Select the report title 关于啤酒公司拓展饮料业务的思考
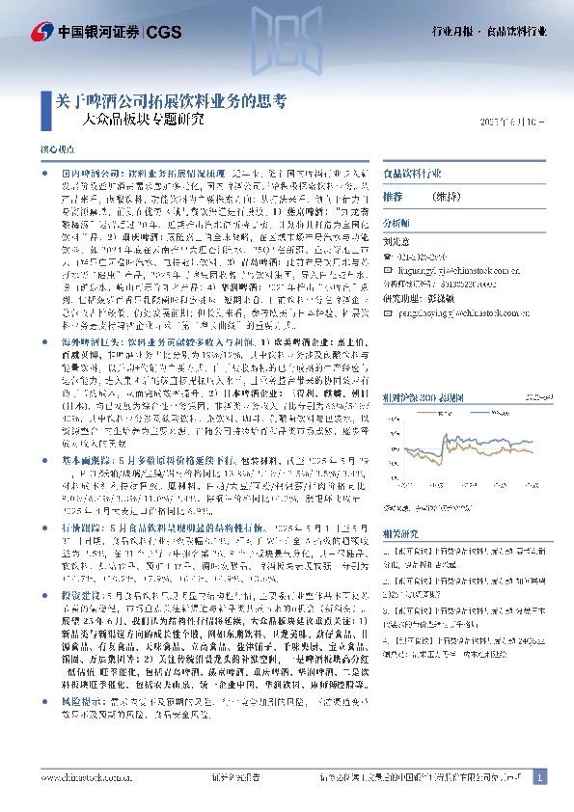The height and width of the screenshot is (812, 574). pos(164,100)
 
